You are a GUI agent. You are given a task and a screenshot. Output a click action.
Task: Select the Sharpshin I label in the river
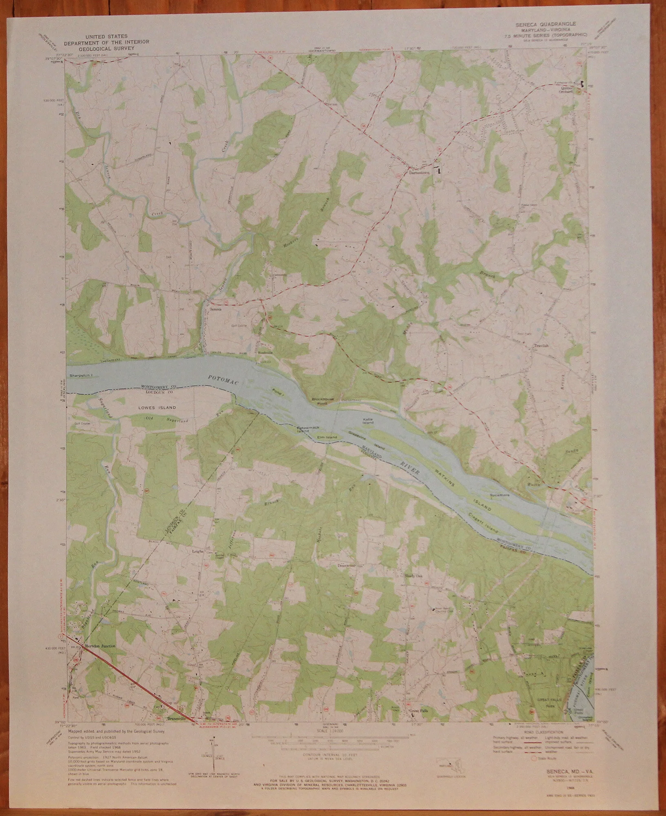(x=82, y=374)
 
